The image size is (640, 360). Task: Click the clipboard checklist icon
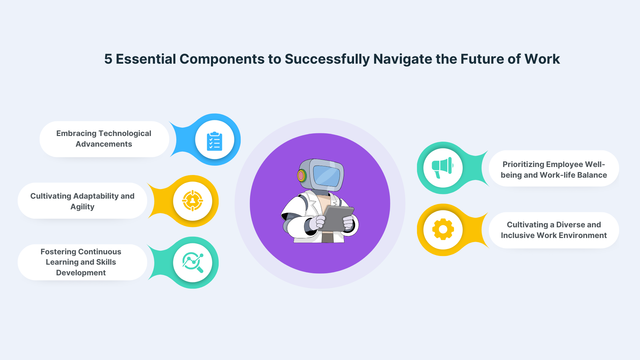pos(214,141)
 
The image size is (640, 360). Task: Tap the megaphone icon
pos(442,168)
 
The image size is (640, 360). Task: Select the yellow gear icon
pos(443,229)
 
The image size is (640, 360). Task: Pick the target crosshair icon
pos(192,201)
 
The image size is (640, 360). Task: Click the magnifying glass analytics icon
pos(193,263)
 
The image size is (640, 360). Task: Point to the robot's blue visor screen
pos(327,176)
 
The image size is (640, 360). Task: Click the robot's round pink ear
pos(301,175)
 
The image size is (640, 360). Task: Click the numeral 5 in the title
pos(108,59)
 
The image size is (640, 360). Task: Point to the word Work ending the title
pos(542,59)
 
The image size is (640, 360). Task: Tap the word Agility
pos(82,207)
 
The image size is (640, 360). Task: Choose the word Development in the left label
pos(81,273)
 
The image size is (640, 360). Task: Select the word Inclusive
pos(518,235)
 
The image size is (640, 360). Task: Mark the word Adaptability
pos(96,196)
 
